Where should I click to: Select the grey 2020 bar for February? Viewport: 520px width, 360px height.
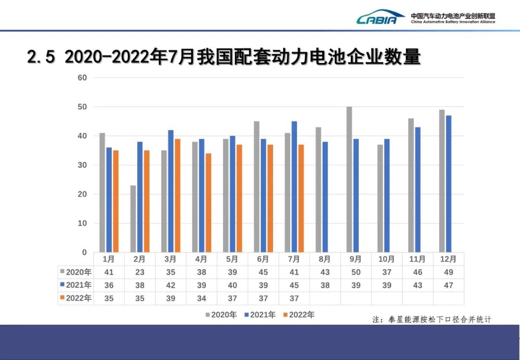[133, 219]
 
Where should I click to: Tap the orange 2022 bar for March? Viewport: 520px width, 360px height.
[177, 195]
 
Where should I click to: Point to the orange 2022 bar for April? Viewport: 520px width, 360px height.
[208, 203]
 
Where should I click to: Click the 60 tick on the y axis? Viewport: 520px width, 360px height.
[83, 77]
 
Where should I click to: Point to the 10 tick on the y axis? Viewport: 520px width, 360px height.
[83, 223]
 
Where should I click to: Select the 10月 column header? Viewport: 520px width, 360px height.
[387, 259]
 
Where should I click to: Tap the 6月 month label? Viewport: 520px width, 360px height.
[263, 259]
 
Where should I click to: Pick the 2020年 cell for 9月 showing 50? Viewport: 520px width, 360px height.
[356, 272]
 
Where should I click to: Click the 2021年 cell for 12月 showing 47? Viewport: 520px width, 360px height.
[448, 285]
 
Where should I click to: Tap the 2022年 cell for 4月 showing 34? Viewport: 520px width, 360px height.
[201, 298]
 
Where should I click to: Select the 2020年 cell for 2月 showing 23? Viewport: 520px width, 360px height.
[140, 272]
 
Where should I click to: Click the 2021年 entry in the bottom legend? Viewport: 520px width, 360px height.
[260, 315]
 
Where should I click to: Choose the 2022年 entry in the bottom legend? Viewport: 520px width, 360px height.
[299, 315]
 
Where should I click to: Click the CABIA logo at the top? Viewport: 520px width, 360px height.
[380, 18]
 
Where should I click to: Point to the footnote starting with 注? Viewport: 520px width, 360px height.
[431, 319]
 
